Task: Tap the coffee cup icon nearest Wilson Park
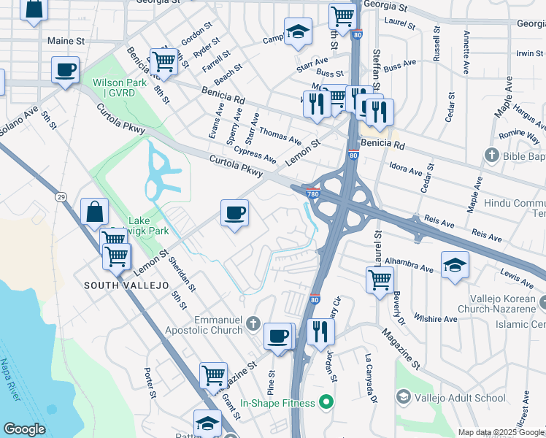(66, 70)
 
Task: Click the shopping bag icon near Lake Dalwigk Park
(94, 212)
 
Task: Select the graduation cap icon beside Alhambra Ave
(454, 264)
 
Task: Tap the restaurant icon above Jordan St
(320, 331)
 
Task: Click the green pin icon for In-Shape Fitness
(326, 403)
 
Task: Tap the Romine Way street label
(519, 136)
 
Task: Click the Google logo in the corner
(24, 429)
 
